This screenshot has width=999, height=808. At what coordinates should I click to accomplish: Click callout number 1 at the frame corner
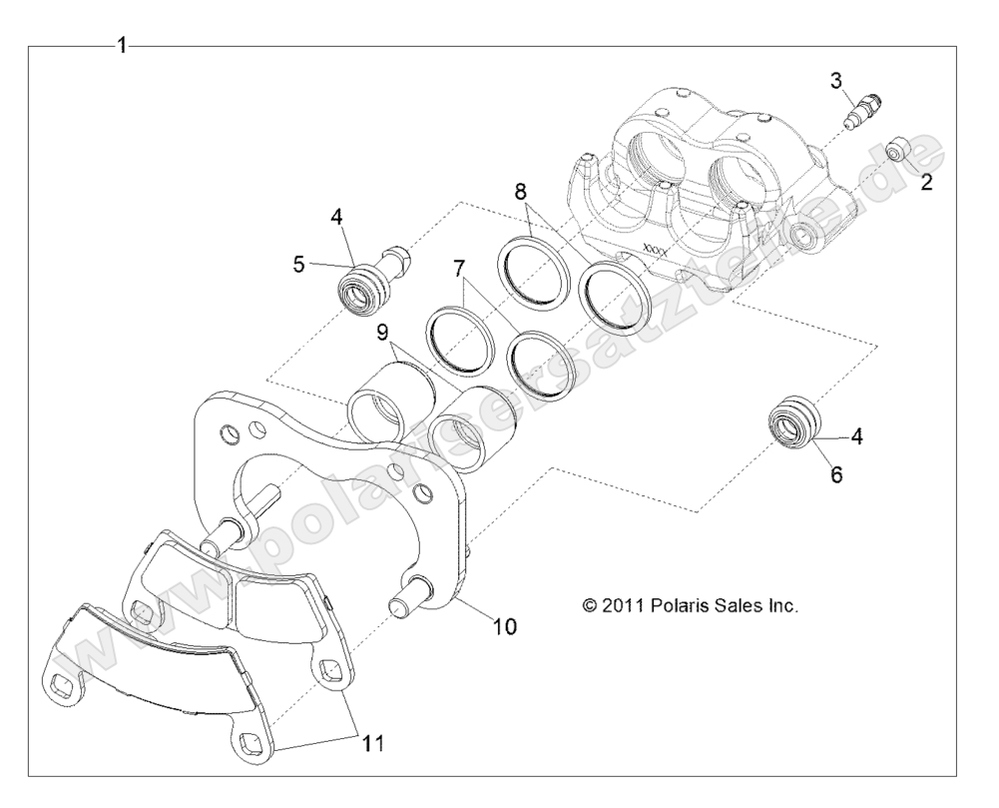(x=122, y=45)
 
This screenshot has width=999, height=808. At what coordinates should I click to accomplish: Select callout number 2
(x=927, y=182)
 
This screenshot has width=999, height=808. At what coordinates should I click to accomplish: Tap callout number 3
(x=836, y=80)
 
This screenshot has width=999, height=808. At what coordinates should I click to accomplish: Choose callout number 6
(x=836, y=473)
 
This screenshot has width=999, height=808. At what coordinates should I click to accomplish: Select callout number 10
(x=505, y=626)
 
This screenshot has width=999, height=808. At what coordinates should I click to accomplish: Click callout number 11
(x=371, y=743)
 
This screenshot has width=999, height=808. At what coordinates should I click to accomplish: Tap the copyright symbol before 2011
(x=591, y=605)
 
